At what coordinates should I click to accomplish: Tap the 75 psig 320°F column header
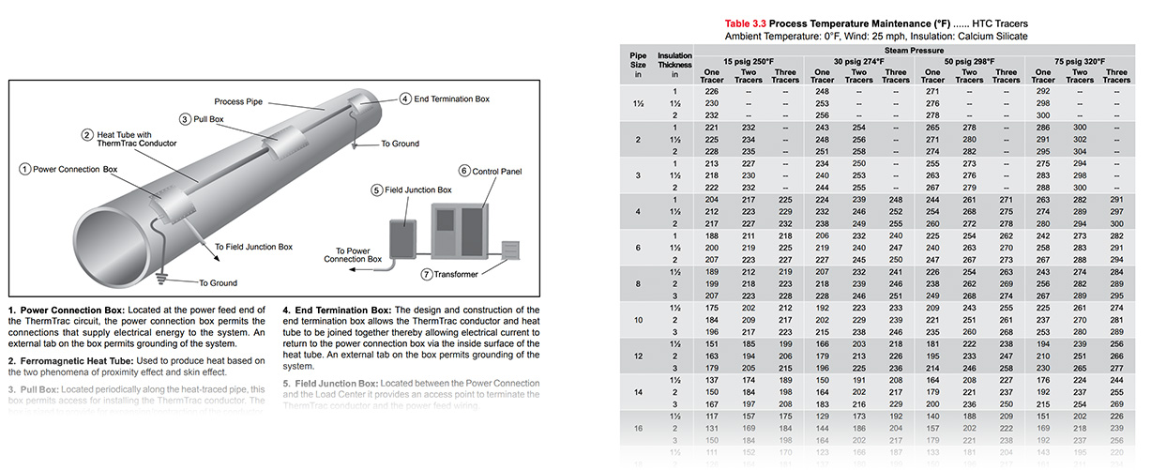[1079, 62]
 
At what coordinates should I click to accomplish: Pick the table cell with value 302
[1079, 139]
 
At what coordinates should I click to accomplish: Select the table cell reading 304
[1079, 150]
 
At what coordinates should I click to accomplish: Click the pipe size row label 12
[638, 357]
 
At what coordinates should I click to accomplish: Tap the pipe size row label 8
[638, 283]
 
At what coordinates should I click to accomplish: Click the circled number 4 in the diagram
[404, 99]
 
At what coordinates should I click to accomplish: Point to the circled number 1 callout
[24, 169]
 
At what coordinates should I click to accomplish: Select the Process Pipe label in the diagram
[237, 100]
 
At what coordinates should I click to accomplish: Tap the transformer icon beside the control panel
[509, 250]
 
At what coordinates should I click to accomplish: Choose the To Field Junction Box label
[253, 247]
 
